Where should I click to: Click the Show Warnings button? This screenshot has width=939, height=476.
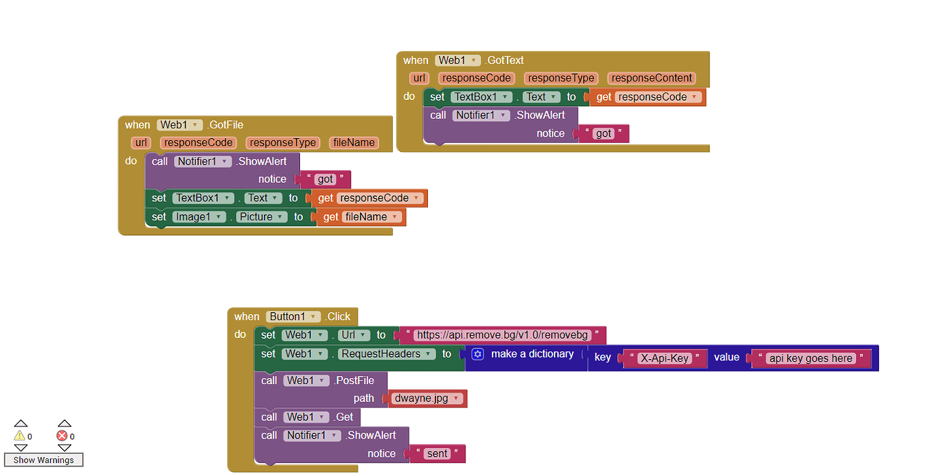(44, 460)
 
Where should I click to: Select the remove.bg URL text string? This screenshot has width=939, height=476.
(502, 335)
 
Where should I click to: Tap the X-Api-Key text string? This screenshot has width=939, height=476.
(665, 358)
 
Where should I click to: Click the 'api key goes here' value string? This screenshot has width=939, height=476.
(810, 358)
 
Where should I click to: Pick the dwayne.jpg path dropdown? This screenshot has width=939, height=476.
(428, 398)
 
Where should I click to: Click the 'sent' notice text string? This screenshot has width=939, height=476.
(437, 454)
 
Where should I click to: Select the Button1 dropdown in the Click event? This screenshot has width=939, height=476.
(293, 317)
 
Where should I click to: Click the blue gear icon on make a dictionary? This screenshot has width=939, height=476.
(478, 354)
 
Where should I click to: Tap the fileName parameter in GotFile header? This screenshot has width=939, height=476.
(354, 143)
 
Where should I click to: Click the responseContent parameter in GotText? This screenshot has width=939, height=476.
(651, 78)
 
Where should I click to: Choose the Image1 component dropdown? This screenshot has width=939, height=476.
(199, 217)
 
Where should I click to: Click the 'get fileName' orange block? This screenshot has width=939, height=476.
(360, 217)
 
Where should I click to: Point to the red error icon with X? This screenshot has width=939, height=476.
(62, 436)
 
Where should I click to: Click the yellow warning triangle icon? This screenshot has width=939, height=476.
(20, 436)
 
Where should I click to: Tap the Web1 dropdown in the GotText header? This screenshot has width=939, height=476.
(458, 61)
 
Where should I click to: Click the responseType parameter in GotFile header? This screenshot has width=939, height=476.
(282, 143)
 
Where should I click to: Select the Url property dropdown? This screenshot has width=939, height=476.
(354, 335)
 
